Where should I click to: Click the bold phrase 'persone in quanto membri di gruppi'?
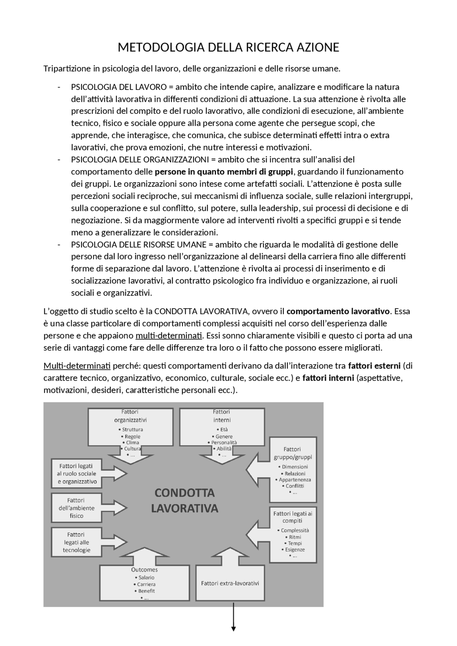pyautogui.click(x=224, y=172)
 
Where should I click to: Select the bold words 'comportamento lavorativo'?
pyautogui.click(x=338, y=311)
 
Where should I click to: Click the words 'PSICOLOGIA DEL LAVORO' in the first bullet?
pyautogui.click(x=119, y=87)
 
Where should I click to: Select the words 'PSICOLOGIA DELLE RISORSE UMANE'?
pyautogui.click(x=139, y=244)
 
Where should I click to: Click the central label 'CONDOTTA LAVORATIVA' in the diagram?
pyautogui.click(x=184, y=500)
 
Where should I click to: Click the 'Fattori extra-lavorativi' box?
pyautogui.click(x=230, y=584)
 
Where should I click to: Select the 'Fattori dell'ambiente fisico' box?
pyautogui.click(x=76, y=508)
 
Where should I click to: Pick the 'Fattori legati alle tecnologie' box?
pyautogui.click(x=76, y=542)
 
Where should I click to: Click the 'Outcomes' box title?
pyautogui.click(x=144, y=570)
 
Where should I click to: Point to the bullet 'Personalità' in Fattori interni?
pyautogui.click(x=224, y=442)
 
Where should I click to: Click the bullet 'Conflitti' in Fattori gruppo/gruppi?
pyautogui.click(x=295, y=486)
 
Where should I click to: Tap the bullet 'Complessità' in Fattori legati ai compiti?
pyautogui.click(x=295, y=530)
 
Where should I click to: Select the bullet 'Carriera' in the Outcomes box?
pyautogui.click(x=146, y=584)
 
